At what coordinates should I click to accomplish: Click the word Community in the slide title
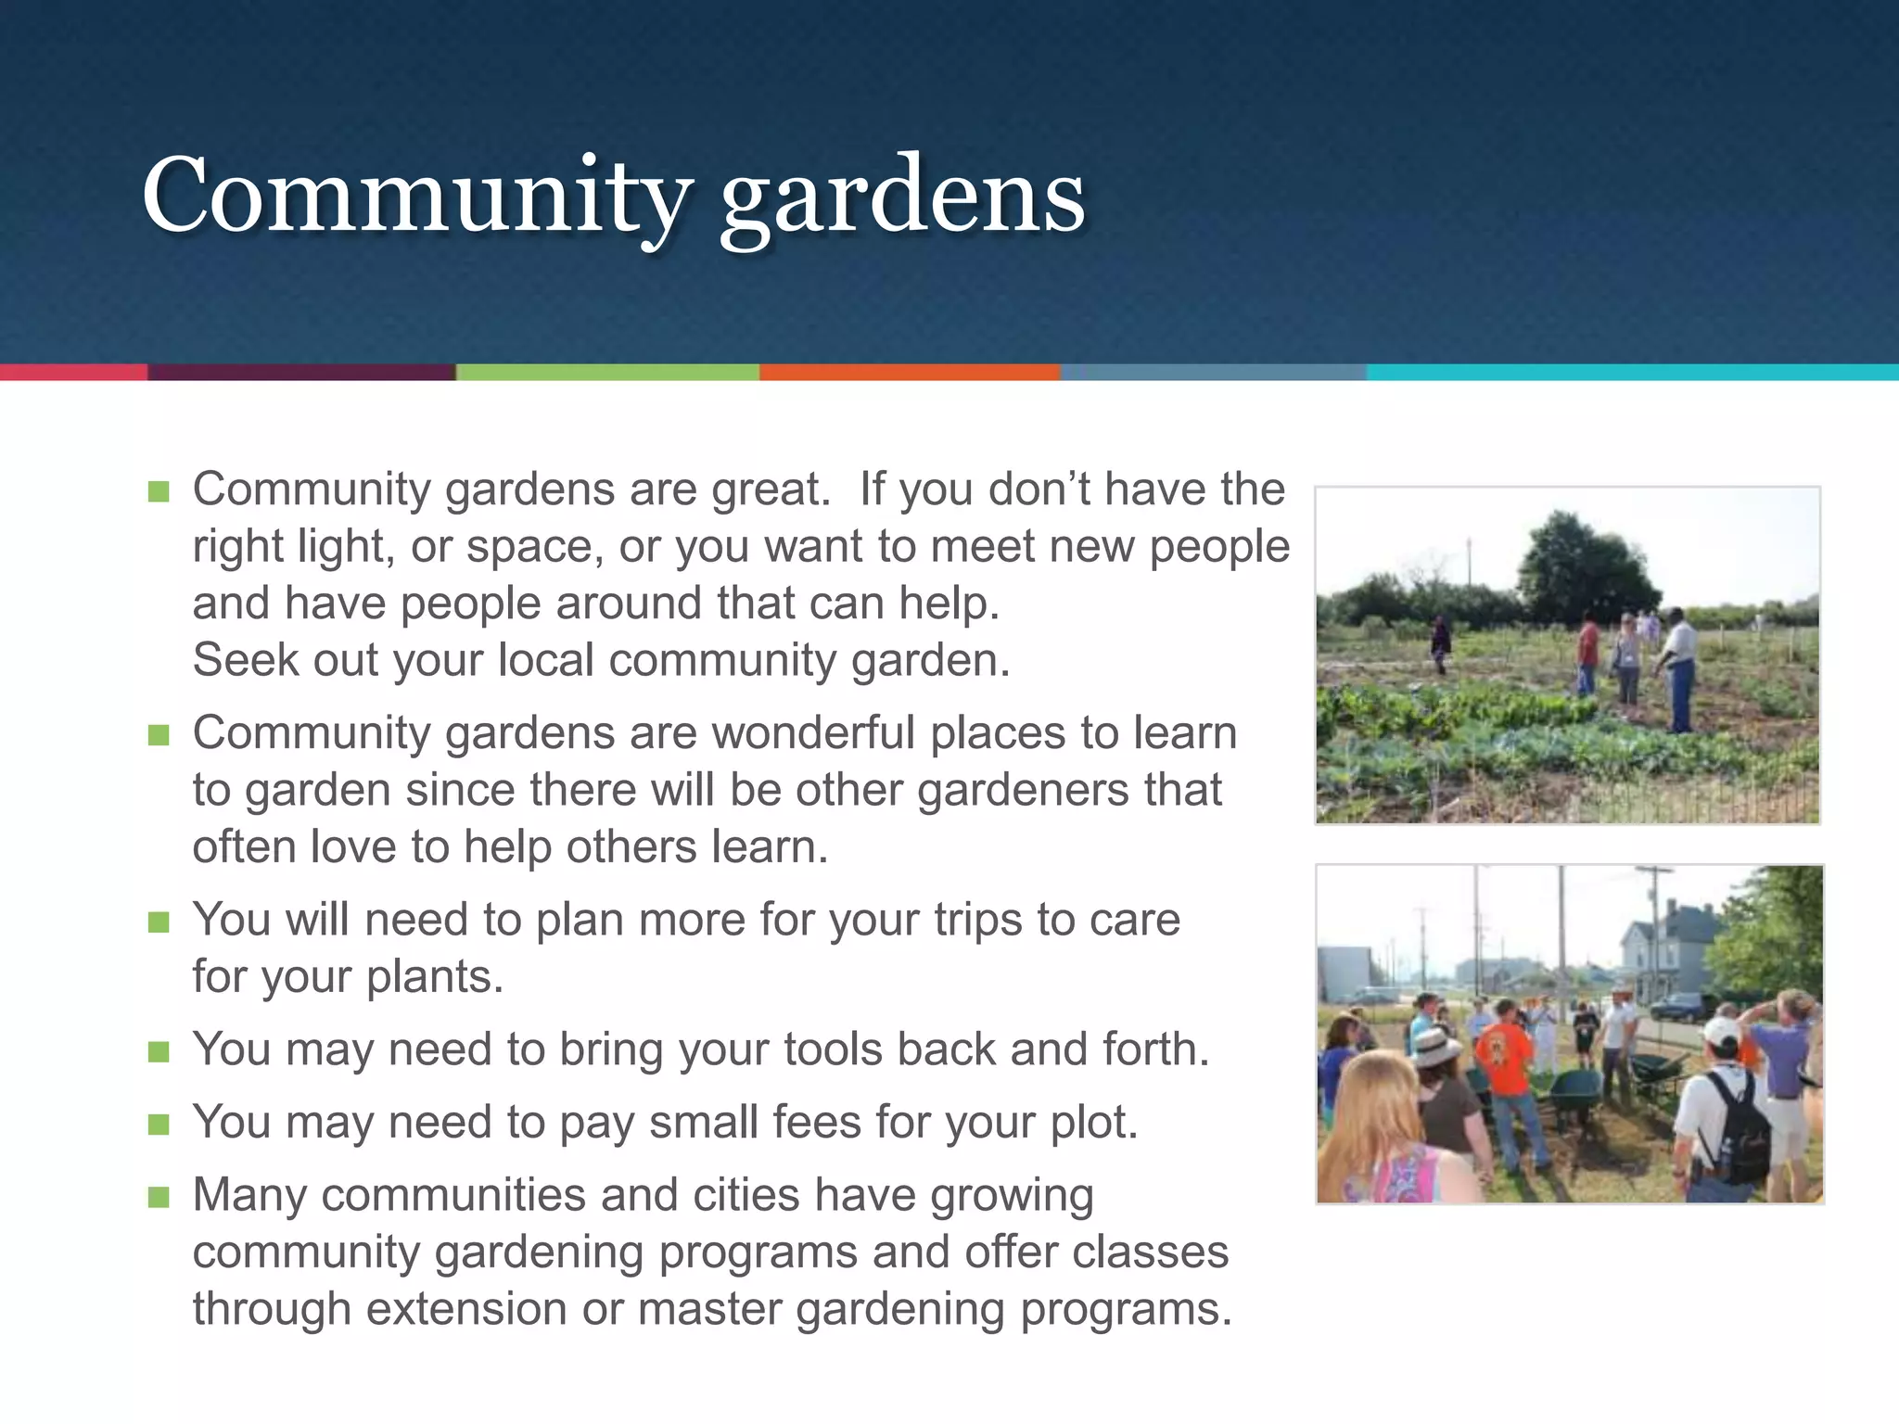point(417,197)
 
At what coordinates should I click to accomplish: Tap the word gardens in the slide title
point(901,197)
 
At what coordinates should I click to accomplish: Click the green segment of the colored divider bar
point(607,372)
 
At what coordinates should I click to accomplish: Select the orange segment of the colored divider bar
point(909,372)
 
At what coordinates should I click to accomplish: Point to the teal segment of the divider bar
point(1632,372)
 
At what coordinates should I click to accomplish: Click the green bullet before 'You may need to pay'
point(159,1125)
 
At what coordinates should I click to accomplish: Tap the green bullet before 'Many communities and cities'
point(159,1197)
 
